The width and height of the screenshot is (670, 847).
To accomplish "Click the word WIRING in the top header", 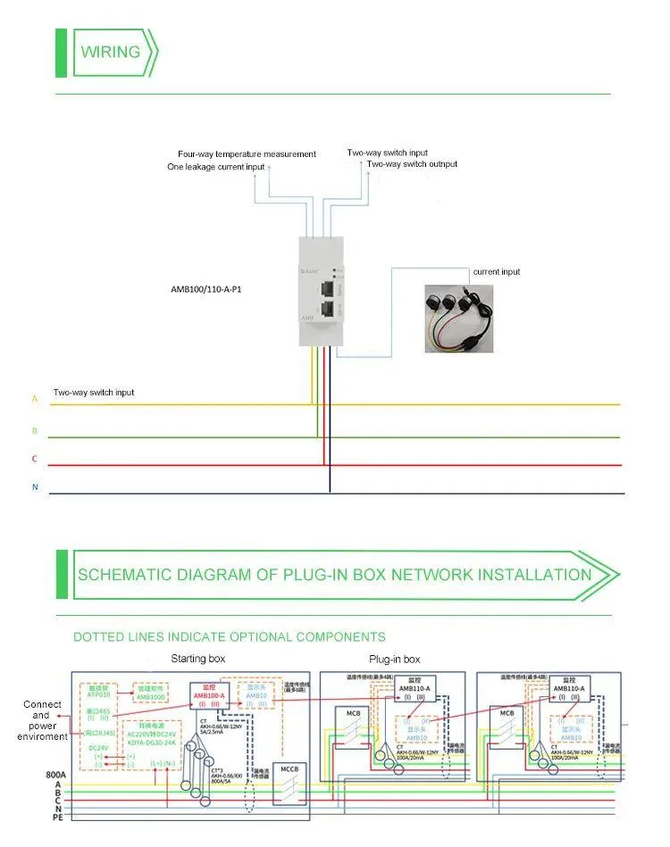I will pos(111,52).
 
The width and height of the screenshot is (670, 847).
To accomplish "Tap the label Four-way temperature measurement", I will pos(247,154).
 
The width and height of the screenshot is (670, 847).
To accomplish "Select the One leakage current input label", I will pos(216,168).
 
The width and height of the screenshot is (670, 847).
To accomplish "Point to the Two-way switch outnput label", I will pos(412,164).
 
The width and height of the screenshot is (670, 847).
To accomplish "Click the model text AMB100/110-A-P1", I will pos(205,289).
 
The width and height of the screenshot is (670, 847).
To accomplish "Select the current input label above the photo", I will pos(497,271).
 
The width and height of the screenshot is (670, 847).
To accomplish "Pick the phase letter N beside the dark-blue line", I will pos(35,487).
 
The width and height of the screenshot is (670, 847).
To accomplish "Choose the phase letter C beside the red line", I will pos(35,459).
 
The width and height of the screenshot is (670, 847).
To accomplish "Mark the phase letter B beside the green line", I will pos(35,430).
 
